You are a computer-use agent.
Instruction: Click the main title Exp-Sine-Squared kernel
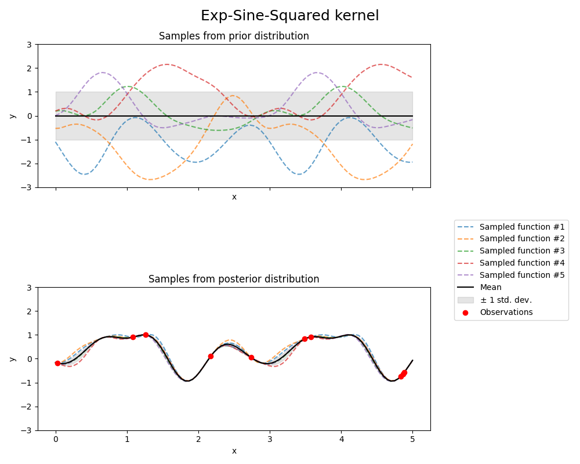[289, 16]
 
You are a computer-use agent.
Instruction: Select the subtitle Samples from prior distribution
[234, 36]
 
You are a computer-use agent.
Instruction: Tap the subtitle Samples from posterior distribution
[234, 279]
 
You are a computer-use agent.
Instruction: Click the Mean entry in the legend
[490, 288]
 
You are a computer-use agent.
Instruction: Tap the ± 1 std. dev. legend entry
[505, 300]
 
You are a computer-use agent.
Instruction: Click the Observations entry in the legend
[506, 312]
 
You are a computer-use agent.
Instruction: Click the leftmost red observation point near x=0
[57, 363]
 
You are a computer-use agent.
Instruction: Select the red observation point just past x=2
[211, 356]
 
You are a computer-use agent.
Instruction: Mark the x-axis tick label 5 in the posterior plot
[412, 440]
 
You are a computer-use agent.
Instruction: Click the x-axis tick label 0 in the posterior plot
[56, 440]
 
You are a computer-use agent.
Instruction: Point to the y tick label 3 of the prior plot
[30, 44]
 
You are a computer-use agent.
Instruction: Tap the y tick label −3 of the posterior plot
[27, 430]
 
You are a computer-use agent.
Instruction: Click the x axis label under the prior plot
[234, 197]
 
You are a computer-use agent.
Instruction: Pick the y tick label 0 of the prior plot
[30, 116]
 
